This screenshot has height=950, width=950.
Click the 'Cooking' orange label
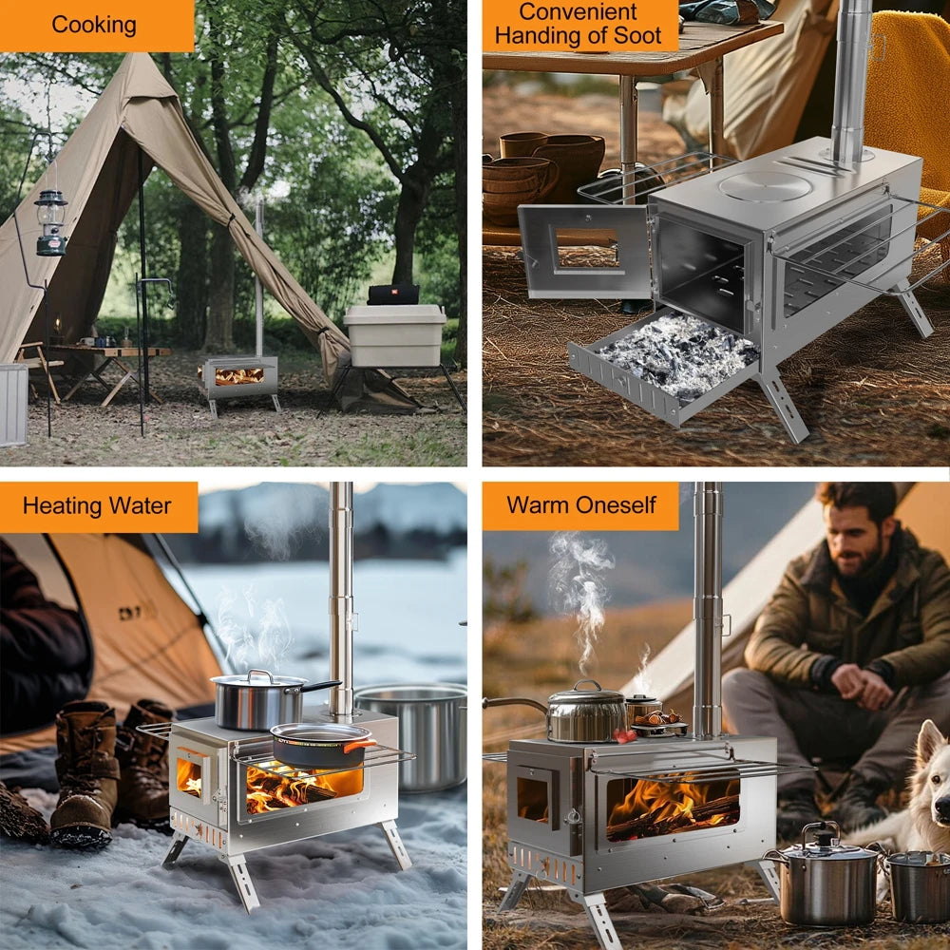point(93,25)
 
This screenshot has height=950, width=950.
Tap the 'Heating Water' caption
point(97,505)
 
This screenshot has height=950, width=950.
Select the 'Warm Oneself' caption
point(580,504)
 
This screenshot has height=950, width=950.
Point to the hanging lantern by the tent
point(50,222)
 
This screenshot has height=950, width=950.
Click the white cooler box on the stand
point(394,334)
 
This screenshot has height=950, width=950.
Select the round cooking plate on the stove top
point(765,185)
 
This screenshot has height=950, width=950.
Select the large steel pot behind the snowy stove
point(418,731)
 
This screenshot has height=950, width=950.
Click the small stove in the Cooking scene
point(238,377)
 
